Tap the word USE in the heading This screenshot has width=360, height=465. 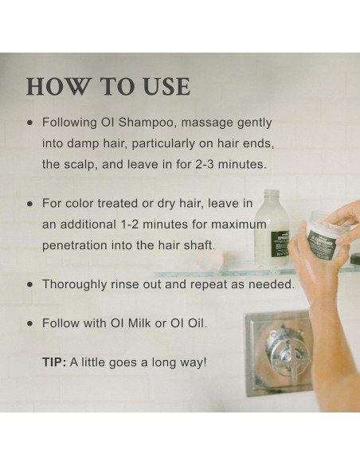click(x=166, y=86)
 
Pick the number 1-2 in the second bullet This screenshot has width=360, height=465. click(x=130, y=225)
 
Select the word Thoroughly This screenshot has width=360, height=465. click(x=75, y=285)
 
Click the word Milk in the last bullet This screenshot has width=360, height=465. click(x=139, y=323)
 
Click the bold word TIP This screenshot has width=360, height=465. click(x=54, y=362)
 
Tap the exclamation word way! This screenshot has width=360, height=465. click(x=193, y=363)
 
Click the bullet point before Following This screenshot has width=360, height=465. click(x=29, y=123)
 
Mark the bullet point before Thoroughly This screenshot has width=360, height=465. click(x=29, y=284)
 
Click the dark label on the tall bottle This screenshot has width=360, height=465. click(x=280, y=244)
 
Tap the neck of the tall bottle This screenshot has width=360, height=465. click(x=272, y=197)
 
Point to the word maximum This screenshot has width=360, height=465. click(x=239, y=225)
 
